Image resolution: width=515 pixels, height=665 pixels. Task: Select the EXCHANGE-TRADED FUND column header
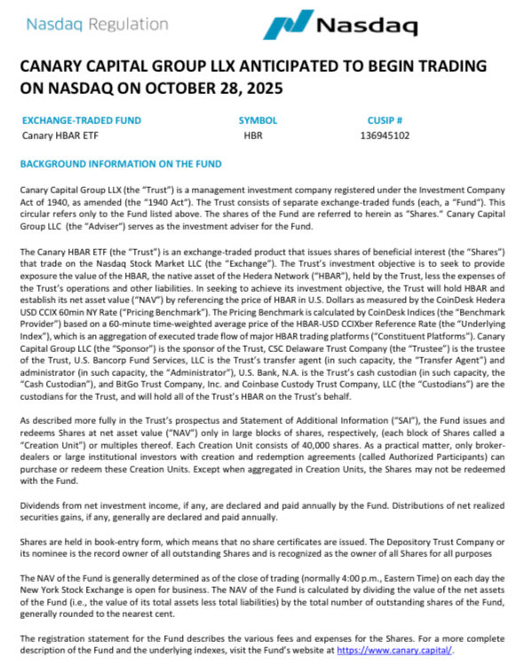click(81, 120)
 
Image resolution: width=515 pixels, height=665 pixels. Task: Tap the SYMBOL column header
click(257, 120)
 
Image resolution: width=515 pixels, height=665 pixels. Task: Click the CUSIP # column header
click(384, 120)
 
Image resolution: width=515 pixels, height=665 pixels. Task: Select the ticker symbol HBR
click(253, 136)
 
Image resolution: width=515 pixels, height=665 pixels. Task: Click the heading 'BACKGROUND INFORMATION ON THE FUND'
click(121, 164)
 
